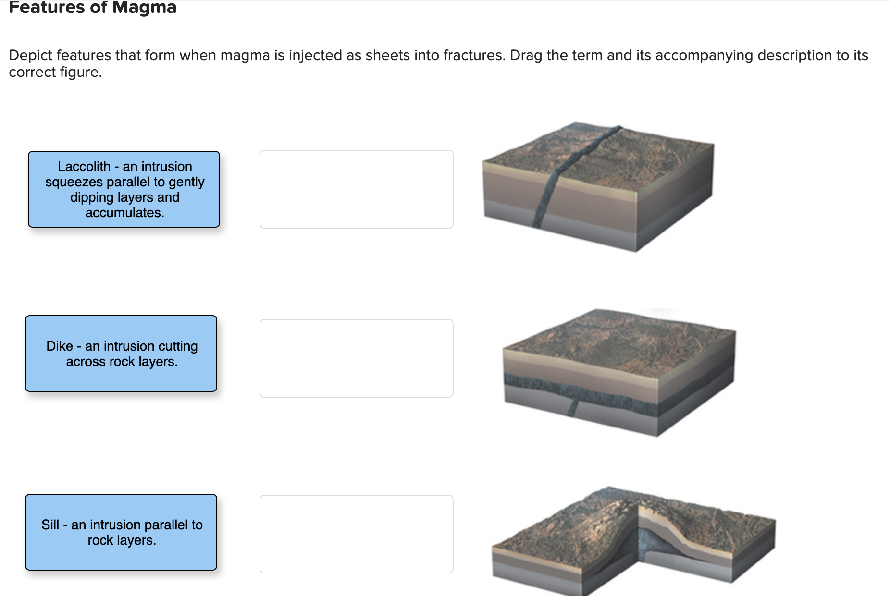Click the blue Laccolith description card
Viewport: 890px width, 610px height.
point(124,189)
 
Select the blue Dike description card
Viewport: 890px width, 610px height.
point(121,354)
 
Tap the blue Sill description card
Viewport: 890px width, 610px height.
point(121,532)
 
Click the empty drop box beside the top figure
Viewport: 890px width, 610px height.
point(357,189)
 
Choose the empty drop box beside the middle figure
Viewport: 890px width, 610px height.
point(357,358)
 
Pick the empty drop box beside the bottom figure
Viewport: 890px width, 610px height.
point(357,534)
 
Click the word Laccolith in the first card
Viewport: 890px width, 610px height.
point(84,167)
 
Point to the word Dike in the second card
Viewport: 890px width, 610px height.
point(60,346)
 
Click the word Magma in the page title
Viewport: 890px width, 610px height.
point(144,8)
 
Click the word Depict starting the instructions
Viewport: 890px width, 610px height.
point(30,56)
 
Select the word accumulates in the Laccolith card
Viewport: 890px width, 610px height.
point(124,213)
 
